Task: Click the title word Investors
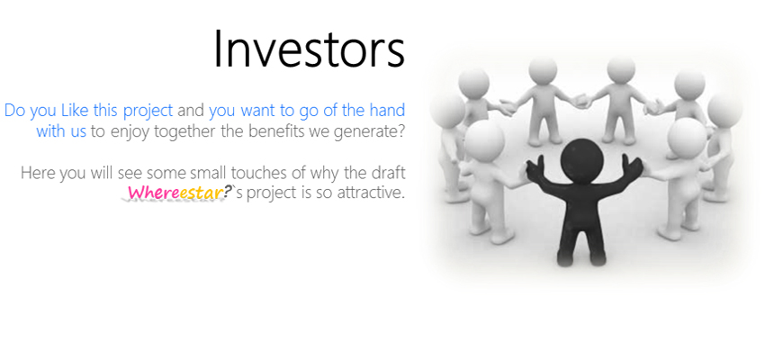[x=309, y=49]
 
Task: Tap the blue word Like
[x=75, y=110]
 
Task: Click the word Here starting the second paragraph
[x=38, y=174]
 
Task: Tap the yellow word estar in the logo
[x=199, y=193]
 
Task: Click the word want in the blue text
[x=257, y=111]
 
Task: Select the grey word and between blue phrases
[x=191, y=110]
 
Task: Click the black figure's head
[x=583, y=158]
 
